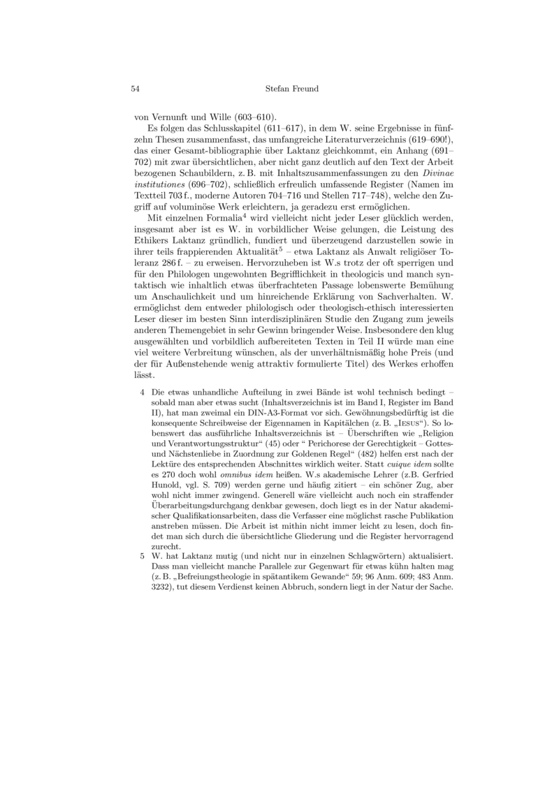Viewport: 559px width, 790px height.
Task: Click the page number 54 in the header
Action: (136, 89)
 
